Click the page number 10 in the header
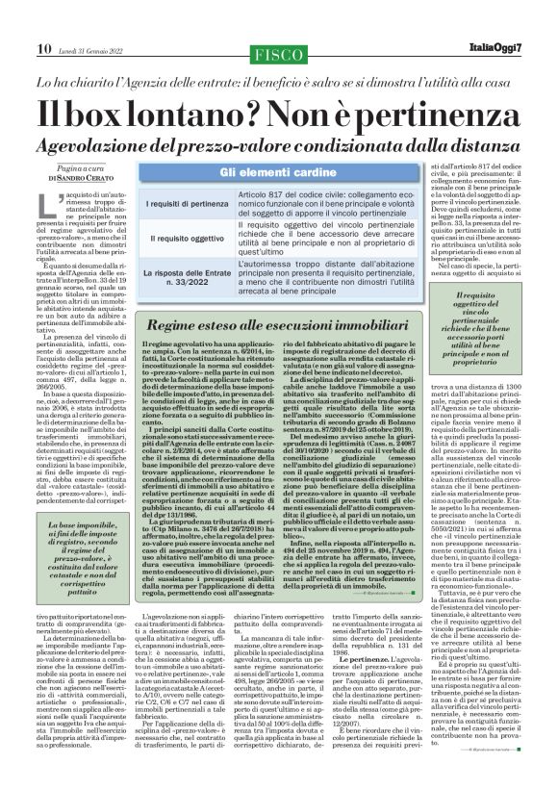pos(19,21)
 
